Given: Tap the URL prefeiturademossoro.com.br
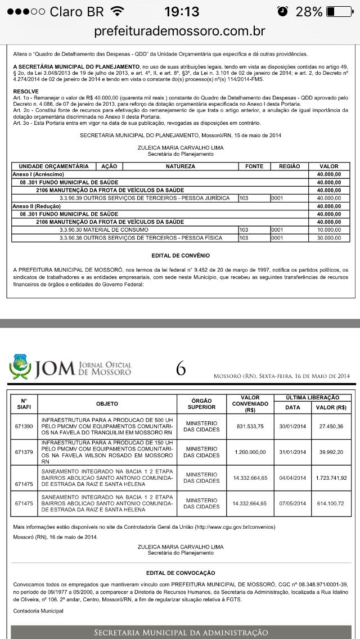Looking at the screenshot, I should [x=180, y=30].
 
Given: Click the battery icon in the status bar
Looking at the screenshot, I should [x=338, y=11].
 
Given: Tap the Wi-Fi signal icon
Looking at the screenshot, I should [x=118, y=11].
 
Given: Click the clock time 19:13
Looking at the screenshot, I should [x=182, y=11].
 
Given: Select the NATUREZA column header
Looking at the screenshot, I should [x=181, y=166].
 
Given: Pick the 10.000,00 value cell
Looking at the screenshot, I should [x=329, y=230].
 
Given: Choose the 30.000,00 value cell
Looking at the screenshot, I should [x=329, y=238].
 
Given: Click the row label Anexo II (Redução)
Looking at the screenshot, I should [x=36, y=206].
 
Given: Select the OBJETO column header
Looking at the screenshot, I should [x=107, y=403].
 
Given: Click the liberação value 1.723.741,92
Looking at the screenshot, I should [x=330, y=478].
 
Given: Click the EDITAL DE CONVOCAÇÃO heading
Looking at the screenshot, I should [x=181, y=573].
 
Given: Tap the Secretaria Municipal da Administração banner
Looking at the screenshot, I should [x=181, y=632].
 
